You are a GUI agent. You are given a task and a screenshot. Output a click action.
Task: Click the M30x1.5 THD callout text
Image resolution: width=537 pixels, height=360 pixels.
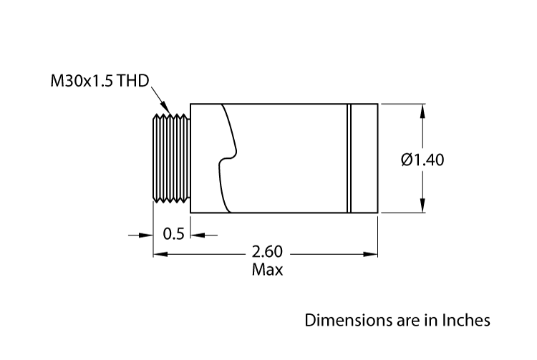tap(100, 81)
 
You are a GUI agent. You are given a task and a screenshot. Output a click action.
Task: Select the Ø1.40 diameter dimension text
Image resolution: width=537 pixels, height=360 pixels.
tap(423, 160)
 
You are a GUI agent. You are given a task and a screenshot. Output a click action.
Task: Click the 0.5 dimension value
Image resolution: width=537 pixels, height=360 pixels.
tap(173, 234)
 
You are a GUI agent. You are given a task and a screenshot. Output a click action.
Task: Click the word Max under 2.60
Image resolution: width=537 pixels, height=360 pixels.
tap(267, 270)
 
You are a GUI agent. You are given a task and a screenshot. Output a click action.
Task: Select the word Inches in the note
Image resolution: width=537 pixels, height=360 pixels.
tap(466, 319)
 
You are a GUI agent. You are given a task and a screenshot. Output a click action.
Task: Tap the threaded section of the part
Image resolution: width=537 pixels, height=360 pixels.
tap(172, 159)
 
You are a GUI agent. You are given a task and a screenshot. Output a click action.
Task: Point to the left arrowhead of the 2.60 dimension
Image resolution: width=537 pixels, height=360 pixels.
tap(159, 253)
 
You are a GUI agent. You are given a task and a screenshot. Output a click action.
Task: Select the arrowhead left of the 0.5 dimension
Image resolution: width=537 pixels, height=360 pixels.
tap(148, 234)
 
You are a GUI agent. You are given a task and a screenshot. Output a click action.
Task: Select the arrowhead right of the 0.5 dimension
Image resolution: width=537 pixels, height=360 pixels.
tap(195, 234)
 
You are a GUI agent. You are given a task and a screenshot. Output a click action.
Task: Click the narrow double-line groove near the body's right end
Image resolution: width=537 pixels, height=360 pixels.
tap(349, 159)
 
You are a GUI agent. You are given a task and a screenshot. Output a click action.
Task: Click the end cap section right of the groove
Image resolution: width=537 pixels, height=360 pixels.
tap(364, 159)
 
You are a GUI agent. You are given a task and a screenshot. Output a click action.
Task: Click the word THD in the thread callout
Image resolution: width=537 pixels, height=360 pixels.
tap(135, 81)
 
